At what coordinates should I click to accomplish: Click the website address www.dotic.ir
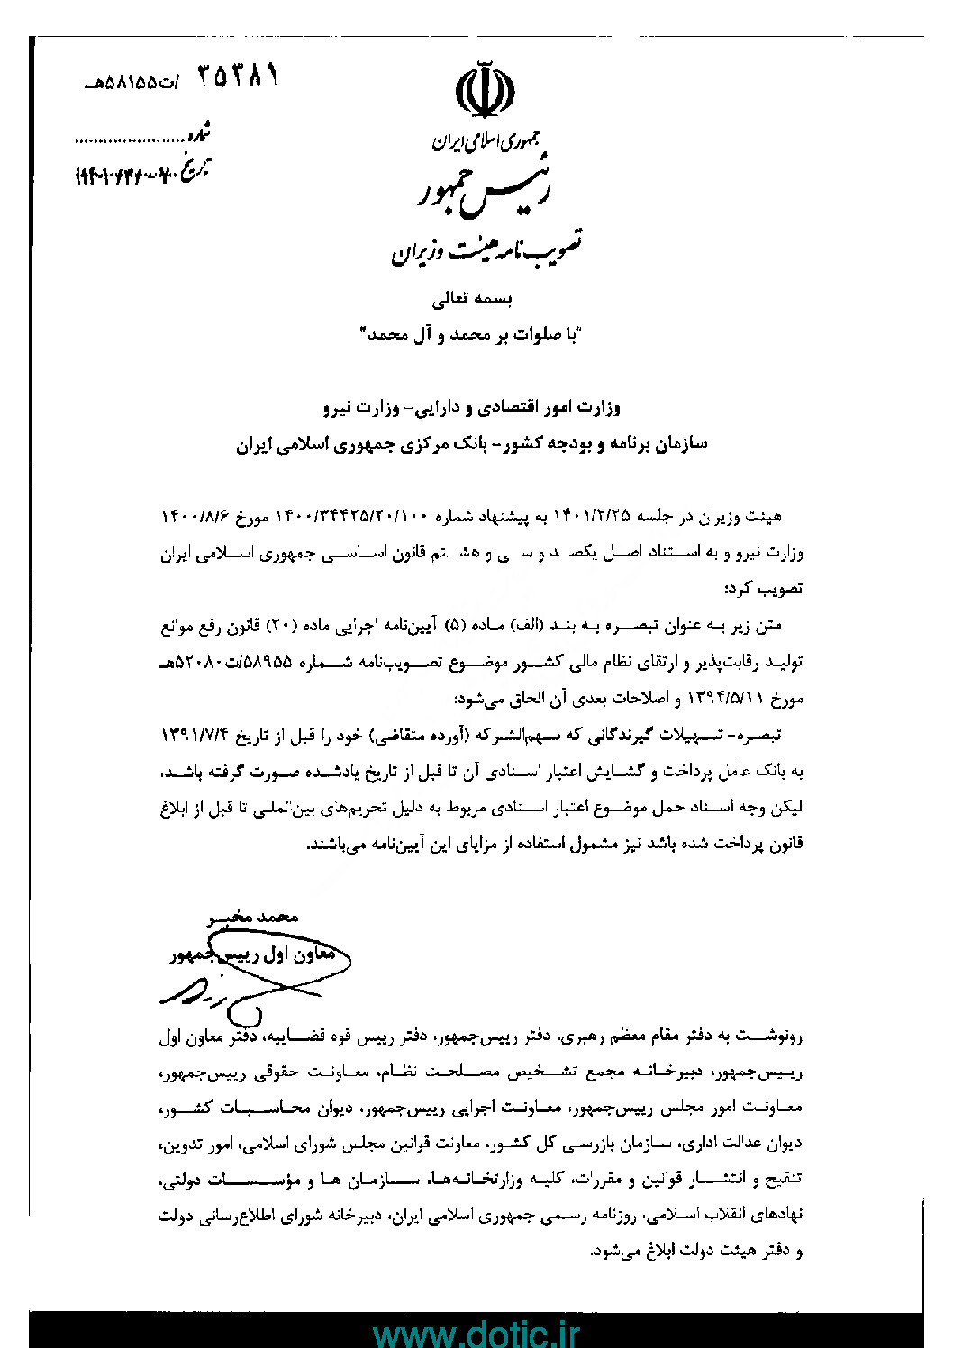[x=476, y=1331]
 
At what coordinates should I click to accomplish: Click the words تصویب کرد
[x=762, y=589]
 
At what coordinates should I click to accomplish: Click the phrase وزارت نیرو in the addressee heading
[x=360, y=408]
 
